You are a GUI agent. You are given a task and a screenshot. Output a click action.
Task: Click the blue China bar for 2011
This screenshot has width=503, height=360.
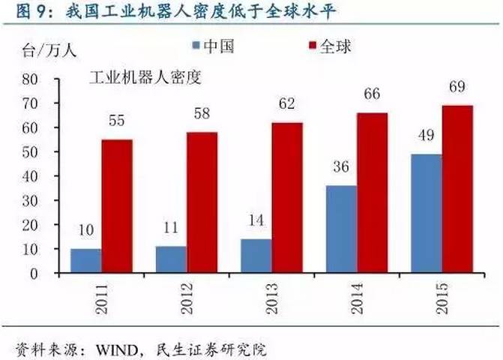point(86,260)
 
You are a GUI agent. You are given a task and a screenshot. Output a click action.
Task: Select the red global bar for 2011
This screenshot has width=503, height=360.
point(117,206)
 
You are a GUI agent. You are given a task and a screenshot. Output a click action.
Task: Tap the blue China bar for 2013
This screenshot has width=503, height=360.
point(256,256)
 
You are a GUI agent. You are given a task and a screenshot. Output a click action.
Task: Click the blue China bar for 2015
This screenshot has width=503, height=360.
point(427,213)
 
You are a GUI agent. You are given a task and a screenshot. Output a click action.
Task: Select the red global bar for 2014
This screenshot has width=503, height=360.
point(372,193)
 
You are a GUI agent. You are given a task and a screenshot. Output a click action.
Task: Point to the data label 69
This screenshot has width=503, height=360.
point(457,87)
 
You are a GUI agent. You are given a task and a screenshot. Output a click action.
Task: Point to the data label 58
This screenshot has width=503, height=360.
point(202,114)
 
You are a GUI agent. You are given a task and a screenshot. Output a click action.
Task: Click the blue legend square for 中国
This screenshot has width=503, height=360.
point(196,47)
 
